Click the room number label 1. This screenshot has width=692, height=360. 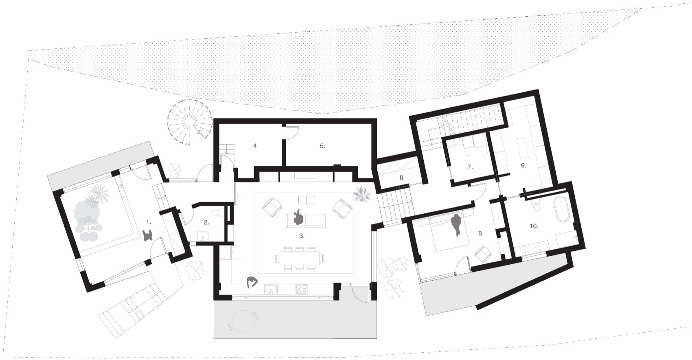[149, 222]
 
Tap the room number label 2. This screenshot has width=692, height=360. [206, 222]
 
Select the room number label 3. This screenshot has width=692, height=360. [302, 236]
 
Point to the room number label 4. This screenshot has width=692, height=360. [256, 145]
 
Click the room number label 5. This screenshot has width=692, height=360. [322, 145]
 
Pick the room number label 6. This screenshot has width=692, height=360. [402, 178]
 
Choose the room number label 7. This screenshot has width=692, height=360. [470, 167]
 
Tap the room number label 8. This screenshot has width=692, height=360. [481, 233]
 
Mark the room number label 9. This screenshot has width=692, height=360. [523, 165]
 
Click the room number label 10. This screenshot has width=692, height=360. [534, 226]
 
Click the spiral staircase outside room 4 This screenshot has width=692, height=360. [190, 121]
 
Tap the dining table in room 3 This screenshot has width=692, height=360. [300, 258]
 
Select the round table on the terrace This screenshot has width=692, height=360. [243, 321]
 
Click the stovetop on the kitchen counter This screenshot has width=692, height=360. [302, 289]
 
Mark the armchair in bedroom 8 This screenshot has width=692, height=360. [484, 254]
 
